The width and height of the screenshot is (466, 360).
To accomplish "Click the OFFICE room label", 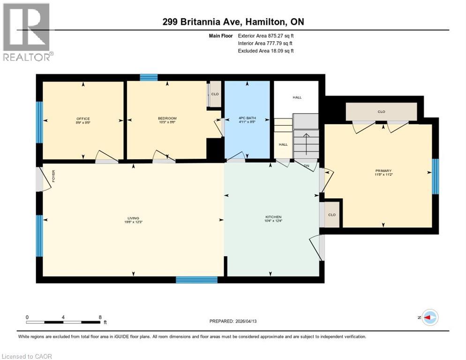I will pos(83,119).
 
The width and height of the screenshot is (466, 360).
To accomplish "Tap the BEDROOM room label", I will pos(167,118).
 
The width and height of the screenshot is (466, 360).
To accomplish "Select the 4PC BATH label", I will pos(247,118).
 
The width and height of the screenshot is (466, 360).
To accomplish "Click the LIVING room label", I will pos(133,218).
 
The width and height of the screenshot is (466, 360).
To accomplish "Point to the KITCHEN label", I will pos(273,217).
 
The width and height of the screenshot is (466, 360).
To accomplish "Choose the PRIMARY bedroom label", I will pos(383,171).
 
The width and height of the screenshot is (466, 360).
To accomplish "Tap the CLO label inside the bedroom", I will pos(215,94).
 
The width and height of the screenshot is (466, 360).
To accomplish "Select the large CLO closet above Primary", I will pos(381,112).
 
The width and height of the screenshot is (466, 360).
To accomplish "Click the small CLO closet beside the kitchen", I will pos(332,215).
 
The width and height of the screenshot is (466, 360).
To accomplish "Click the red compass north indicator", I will pos(429,317).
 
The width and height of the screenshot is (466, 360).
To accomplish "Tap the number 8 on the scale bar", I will pos(100,317).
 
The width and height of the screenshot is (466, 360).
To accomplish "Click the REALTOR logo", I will pos(28,32).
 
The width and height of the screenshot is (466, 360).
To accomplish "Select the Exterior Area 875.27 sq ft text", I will pos(265,36).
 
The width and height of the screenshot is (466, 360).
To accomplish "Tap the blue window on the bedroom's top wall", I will pos(149,78).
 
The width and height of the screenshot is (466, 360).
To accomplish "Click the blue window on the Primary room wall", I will pos(435,176).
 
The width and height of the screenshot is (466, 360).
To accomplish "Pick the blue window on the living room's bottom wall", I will pos(196,280).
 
